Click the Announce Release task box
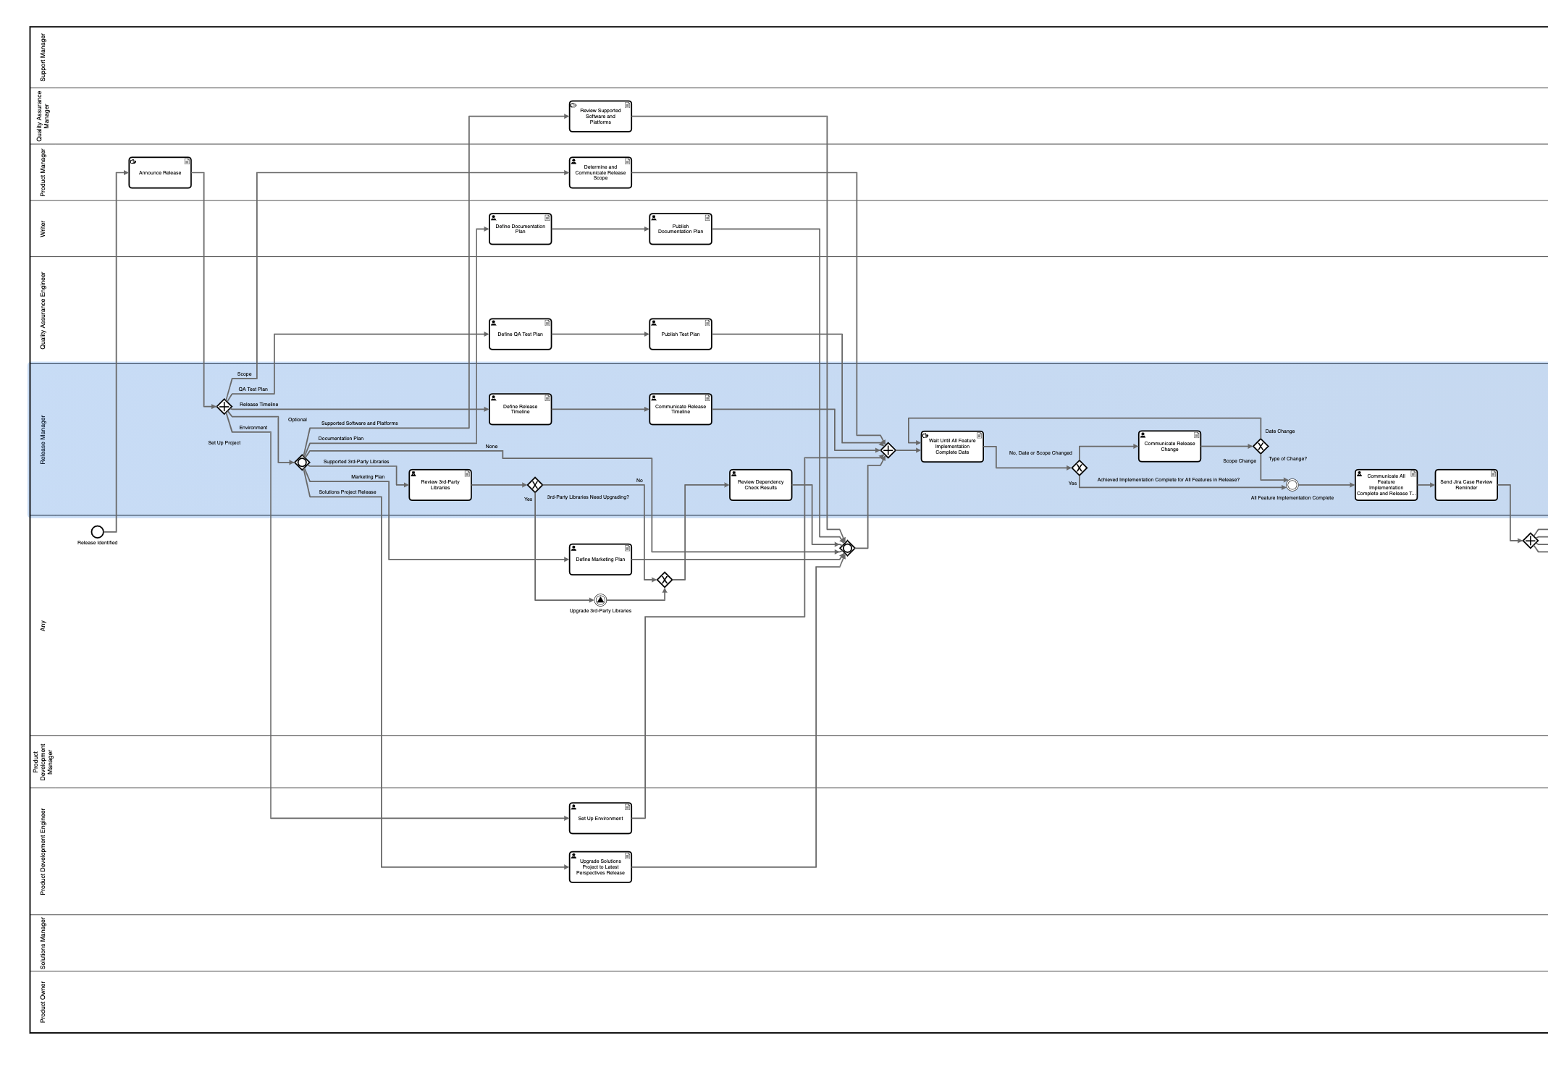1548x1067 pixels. (160, 173)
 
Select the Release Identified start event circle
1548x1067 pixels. (98, 532)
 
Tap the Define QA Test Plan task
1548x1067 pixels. (520, 334)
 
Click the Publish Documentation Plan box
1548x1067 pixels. (680, 229)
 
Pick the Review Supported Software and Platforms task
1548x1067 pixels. (600, 117)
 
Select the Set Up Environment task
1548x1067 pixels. (600, 818)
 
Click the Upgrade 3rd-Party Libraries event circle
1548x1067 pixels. (600, 600)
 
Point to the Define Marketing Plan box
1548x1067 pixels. (600, 560)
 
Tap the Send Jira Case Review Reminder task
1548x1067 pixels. (1466, 485)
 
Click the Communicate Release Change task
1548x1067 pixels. (1169, 447)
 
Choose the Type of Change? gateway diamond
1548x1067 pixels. (1261, 447)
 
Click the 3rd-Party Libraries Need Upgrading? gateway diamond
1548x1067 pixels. (535, 485)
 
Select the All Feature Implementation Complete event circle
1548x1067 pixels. (1292, 485)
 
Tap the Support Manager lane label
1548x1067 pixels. (43, 57)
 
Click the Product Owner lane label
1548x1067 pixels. (43, 1002)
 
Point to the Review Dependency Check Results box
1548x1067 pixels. (760, 485)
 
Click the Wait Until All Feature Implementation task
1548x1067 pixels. (952, 447)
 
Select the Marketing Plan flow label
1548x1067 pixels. (368, 477)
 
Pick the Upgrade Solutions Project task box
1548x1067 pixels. (600, 867)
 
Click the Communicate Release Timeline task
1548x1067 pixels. (680, 410)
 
